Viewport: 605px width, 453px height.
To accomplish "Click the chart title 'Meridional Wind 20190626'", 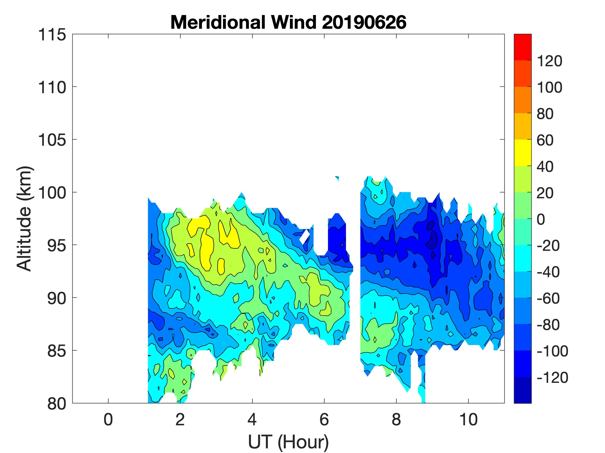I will [288, 22].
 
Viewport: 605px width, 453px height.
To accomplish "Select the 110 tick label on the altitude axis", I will [52, 88].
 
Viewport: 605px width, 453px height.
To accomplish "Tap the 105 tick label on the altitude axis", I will [52, 140].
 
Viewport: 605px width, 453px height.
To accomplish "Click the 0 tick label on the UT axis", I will [108, 419].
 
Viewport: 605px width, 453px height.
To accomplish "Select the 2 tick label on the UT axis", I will [180, 419].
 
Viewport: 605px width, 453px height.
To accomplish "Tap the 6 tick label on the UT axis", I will [324, 419].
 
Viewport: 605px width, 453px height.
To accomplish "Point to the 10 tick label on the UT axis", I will [468, 419].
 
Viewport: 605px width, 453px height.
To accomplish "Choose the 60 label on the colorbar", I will [545, 140].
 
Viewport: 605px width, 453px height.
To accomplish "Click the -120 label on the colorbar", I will [552, 378].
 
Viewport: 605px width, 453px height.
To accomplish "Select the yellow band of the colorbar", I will [522, 153].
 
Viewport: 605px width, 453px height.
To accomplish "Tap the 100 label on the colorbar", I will [550, 87].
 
